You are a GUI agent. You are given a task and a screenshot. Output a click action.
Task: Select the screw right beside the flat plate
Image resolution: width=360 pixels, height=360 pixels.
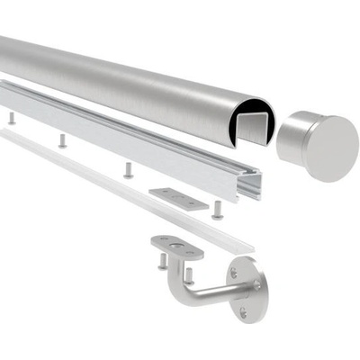tap(218, 209)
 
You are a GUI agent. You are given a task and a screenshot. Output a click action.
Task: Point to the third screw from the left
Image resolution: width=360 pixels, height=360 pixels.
tap(129, 169)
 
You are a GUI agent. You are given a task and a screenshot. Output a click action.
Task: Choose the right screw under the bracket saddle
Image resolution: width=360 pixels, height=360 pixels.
tap(189, 274)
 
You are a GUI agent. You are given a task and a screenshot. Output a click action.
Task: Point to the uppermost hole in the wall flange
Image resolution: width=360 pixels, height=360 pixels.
tap(236, 270)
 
